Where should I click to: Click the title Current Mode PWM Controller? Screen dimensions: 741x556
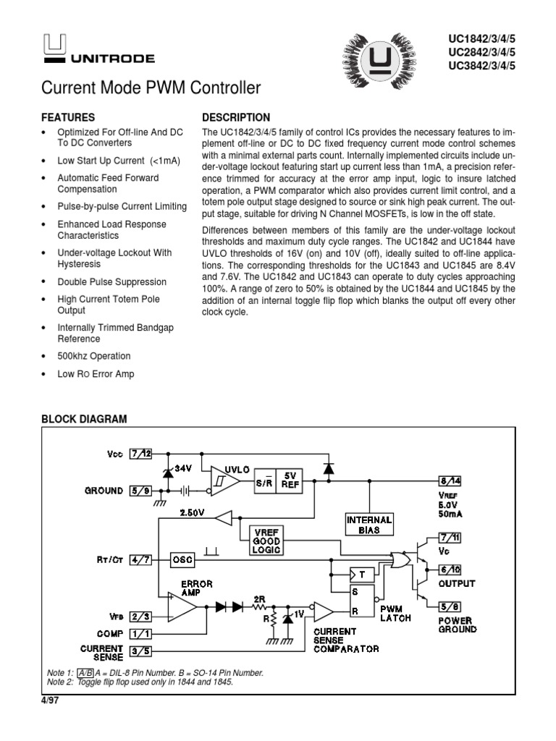[151, 90]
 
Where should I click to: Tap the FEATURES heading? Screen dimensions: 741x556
[68, 117]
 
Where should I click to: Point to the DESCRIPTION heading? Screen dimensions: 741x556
[236, 117]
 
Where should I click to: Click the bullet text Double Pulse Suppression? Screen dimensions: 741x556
[111, 281]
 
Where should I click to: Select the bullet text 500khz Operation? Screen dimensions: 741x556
[94, 356]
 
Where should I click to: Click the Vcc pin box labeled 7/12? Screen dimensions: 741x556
[141, 454]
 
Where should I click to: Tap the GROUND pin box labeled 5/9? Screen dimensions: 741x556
[140, 491]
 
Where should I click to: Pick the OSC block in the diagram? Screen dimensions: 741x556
[182, 559]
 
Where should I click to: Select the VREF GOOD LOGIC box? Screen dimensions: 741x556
[267, 539]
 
